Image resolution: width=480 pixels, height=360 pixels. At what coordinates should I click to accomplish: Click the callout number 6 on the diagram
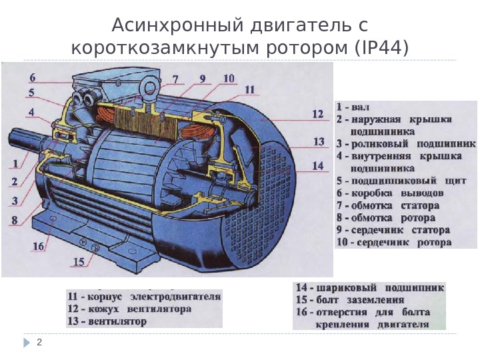33,77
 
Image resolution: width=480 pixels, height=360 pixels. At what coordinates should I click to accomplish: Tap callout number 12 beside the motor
317,115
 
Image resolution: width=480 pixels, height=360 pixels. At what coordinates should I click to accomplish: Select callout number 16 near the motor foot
39,246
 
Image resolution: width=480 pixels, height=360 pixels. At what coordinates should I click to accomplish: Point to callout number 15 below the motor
79,262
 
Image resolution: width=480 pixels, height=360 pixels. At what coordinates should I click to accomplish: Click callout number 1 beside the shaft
15,162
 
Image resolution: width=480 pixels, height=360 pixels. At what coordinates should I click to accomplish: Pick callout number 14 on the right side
317,165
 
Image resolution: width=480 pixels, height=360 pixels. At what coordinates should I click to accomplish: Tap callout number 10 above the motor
229,79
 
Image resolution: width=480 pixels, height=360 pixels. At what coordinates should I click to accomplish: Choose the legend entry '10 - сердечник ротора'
394,242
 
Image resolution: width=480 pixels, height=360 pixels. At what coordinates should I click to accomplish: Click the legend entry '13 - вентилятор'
107,321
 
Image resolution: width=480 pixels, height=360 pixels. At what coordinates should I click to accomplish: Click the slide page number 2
39,343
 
